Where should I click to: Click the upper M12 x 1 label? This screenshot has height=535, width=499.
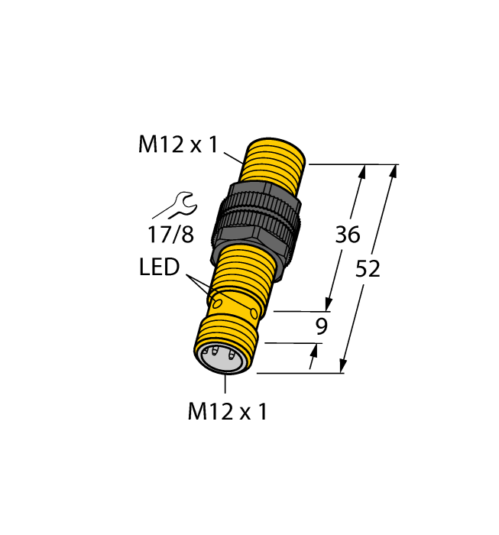(x=179, y=145)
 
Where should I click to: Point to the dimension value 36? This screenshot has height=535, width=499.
(x=348, y=235)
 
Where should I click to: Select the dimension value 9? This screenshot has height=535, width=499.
(x=322, y=327)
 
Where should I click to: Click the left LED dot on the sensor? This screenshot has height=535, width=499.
(x=219, y=303)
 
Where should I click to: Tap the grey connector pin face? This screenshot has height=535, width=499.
(x=222, y=358)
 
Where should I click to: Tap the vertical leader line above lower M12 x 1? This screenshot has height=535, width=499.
(x=225, y=386)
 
